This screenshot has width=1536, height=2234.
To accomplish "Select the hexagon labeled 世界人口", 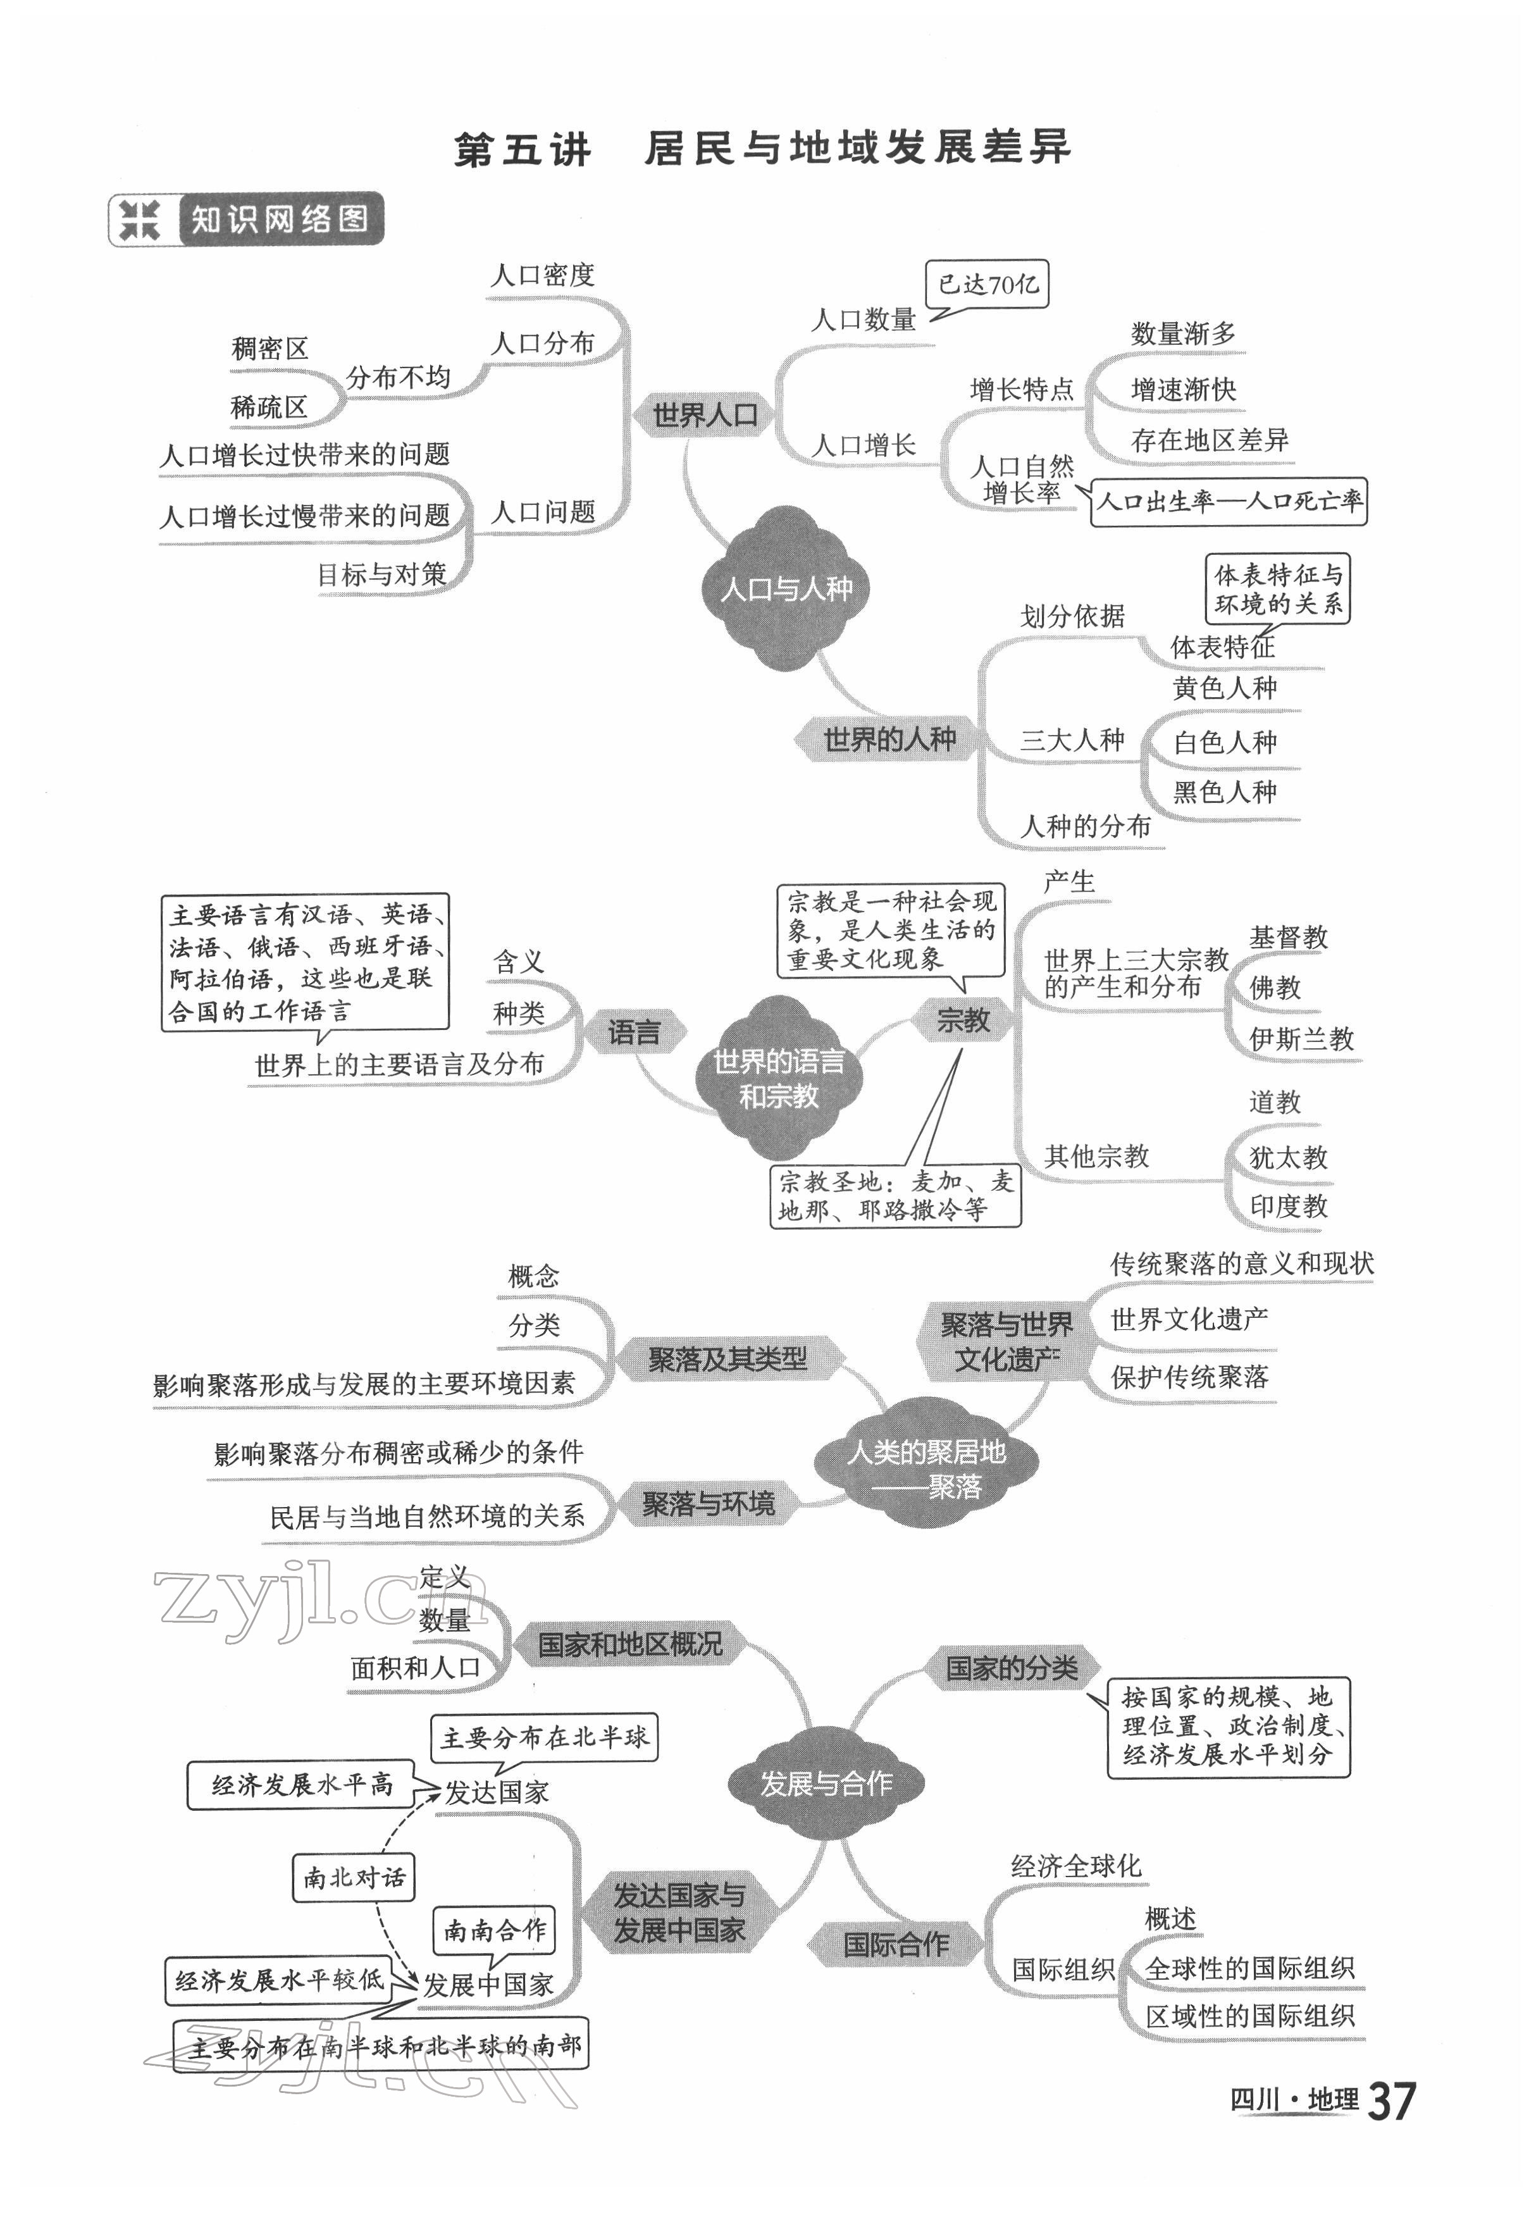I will [705, 416].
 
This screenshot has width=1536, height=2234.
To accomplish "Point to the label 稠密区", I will [269, 349].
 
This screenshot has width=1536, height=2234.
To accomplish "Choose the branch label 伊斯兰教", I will [1301, 1039].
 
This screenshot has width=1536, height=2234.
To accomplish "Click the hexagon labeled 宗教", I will [962, 1021].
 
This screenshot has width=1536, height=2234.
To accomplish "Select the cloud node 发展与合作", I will [826, 1784].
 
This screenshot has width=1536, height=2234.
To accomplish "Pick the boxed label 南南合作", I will [493, 1930].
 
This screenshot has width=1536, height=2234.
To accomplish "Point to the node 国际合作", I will [895, 1944].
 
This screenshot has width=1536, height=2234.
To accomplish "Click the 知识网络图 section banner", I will [246, 220].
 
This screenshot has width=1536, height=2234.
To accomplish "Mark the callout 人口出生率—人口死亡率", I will [1229, 502].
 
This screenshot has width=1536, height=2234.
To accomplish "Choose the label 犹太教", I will [1288, 1157].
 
